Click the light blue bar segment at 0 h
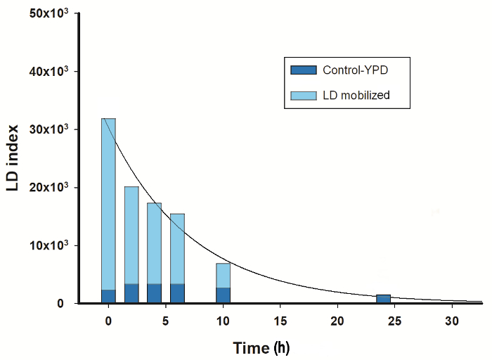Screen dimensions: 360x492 click(108, 204)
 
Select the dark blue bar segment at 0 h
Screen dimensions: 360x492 click(108, 296)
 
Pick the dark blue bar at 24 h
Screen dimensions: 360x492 click(383, 299)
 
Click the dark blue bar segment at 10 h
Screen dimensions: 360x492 click(223, 295)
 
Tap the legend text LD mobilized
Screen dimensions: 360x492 click(356, 95)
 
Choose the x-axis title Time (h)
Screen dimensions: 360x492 click(261, 347)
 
